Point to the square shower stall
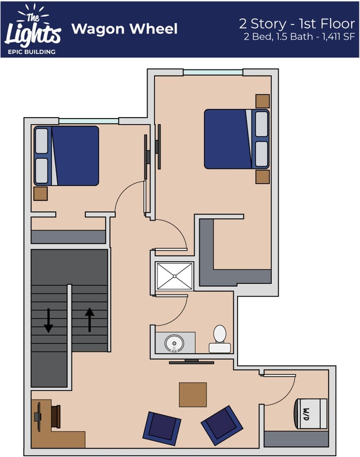click(x=174, y=277)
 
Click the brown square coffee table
click(x=193, y=395)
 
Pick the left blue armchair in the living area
click(x=161, y=426)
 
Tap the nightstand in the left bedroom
click(x=40, y=193)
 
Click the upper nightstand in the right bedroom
click(x=262, y=101)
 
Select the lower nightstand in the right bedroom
click(x=262, y=177)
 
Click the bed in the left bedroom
click(x=66, y=156)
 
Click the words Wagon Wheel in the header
click(x=124, y=29)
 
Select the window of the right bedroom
click(x=213, y=72)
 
